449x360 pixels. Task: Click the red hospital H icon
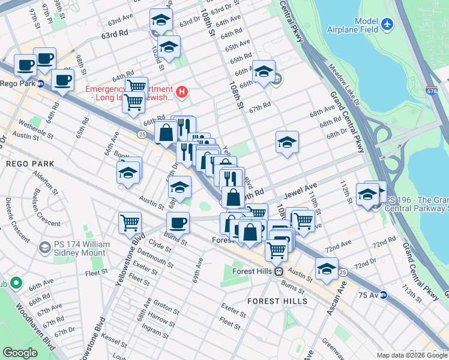click(182, 92)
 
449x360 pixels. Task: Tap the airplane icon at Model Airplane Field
click(387, 24)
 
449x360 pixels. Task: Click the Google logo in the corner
click(20, 353)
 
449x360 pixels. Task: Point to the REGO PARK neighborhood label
click(30, 163)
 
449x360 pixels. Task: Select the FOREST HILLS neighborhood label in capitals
click(277, 301)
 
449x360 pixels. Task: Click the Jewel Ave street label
click(304, 191)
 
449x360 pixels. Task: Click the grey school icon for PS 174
click(44, 247)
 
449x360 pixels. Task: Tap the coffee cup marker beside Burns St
click(178, 223)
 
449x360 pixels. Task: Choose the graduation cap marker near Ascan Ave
click(327, 269)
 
